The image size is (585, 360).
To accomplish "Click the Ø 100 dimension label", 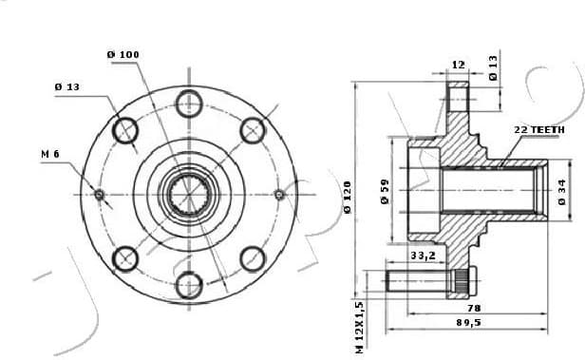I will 123,54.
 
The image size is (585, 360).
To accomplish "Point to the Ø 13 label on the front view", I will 66,86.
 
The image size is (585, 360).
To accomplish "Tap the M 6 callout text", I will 51,152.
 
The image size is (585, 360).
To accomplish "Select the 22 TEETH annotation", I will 538,128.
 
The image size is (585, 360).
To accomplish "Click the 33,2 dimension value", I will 423,256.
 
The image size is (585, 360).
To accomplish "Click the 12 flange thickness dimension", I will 458,66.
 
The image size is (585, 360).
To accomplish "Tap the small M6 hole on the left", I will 99,194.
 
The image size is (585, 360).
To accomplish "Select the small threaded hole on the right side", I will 279,194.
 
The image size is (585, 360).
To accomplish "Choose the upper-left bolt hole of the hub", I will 125,129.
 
